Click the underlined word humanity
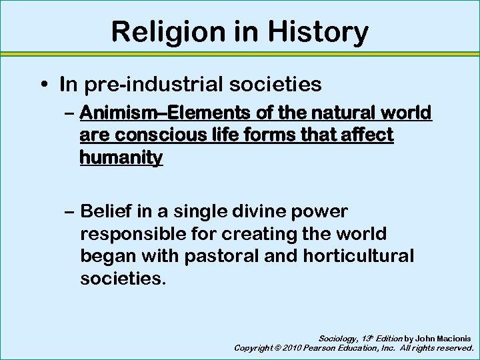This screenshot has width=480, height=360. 121,158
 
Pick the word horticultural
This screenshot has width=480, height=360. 358,256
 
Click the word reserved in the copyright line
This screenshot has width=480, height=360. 453,348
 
